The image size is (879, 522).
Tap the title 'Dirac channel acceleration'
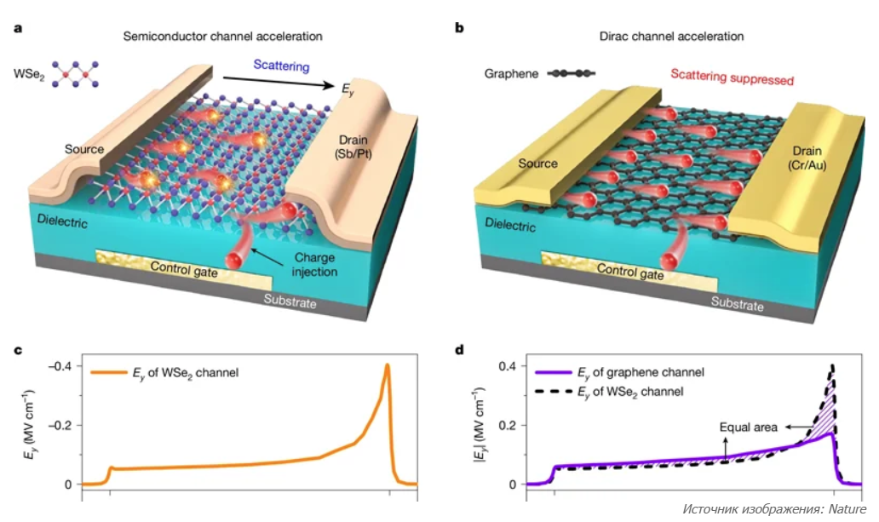673,37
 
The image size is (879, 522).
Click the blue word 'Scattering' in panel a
281,66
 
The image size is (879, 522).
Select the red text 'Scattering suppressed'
732,77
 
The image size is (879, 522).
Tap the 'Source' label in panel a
84,149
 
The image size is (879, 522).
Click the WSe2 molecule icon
78,73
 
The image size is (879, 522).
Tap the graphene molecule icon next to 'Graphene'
572,74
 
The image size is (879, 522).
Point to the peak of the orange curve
388,365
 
